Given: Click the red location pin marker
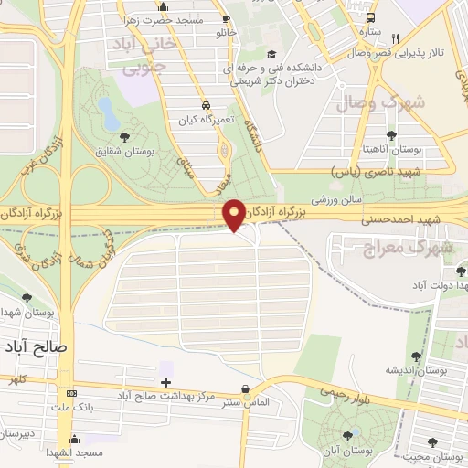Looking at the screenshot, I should (235, 214).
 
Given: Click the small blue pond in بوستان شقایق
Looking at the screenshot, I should (107, 114).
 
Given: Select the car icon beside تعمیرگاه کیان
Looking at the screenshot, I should (208, 105).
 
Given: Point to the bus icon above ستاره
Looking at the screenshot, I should (369, 17).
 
